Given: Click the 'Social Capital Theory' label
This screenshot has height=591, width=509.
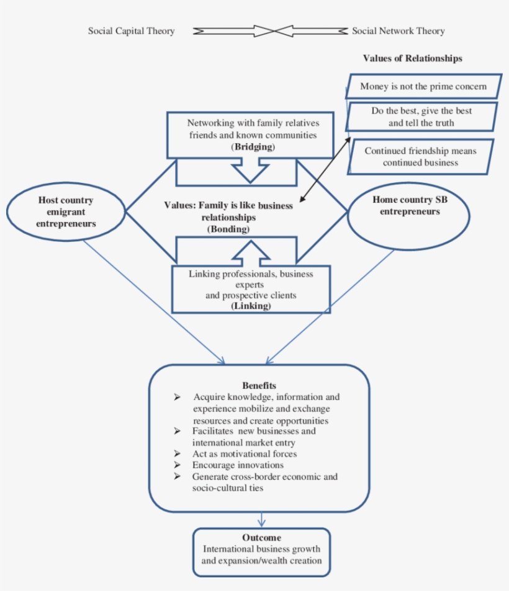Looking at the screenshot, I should coord(131,31).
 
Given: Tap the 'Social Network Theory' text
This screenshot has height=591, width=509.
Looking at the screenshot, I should coord(398,31).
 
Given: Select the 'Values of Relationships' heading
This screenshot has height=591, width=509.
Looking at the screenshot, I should coord(412,59).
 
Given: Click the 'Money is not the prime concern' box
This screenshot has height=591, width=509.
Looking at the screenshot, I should coord(423,87).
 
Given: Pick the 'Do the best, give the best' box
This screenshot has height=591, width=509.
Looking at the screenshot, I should coord(421,117).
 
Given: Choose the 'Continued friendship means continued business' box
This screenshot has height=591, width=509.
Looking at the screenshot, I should coord(420,156).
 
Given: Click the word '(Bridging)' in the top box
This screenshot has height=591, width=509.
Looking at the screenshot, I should coord(252,147).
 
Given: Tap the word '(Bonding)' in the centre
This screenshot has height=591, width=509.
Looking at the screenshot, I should coord(228,229).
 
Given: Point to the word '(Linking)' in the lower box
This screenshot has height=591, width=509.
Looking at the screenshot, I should coord(250,306).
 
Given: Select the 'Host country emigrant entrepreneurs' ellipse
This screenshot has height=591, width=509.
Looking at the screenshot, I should coord(66,212).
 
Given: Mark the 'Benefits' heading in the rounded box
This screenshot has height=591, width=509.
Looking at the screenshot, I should coord(259,386).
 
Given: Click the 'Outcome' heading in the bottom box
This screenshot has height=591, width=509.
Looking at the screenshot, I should coord(261,538).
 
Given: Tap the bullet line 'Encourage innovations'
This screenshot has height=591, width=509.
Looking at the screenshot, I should coord(238,465).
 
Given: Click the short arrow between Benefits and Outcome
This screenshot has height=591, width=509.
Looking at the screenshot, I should coord(263,519).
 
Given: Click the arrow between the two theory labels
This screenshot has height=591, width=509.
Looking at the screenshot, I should coord(271,31).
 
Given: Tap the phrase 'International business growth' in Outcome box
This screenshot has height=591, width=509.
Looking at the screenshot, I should coord(261,549).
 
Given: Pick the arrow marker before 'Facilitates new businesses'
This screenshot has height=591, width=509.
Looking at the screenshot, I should coord(178,430).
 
